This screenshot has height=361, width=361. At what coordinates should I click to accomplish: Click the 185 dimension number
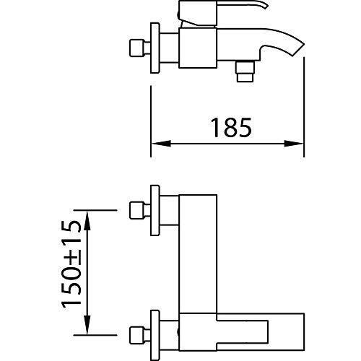(x=231, y=128)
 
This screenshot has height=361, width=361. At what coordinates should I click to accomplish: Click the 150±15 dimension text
(x=71, y=265)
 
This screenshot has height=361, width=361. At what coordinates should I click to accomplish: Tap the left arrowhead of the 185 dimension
(x=161, y=144)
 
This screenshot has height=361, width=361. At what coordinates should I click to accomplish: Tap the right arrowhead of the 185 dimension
(x=294, y=144)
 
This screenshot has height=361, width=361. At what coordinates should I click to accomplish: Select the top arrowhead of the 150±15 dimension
(x=87, y=220)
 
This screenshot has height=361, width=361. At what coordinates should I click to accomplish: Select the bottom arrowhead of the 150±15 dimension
(x=87, y=325)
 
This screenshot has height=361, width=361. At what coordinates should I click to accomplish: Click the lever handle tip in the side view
(x=266, y=6)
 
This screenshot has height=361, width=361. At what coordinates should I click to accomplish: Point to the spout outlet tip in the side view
(x=298, y=50)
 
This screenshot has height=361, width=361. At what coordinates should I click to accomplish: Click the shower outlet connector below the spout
(x=245, y=71)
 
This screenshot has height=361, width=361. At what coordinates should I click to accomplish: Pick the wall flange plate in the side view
(x=155, y=48)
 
